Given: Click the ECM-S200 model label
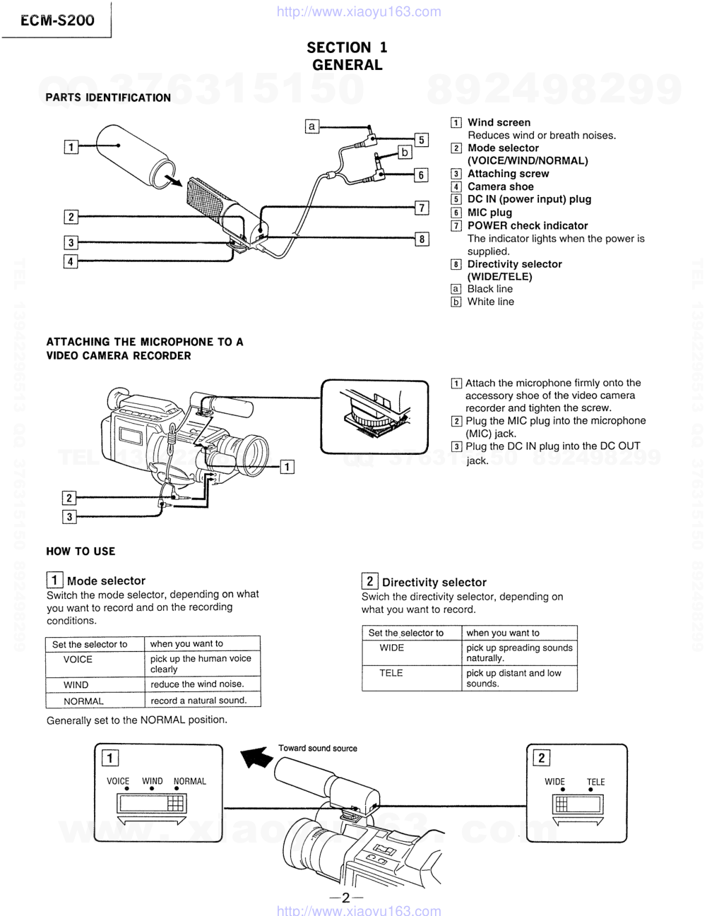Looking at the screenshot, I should coord(57,20).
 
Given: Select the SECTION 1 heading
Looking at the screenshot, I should coord(347,47).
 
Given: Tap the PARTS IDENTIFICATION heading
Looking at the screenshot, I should coord(108,97).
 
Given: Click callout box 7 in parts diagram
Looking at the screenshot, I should coord(422,208).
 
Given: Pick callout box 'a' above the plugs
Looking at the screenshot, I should coord(311,126).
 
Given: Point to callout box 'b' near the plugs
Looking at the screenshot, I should coord(405,152).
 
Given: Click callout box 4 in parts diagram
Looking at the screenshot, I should coord(71,261).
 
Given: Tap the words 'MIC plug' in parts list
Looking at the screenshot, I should coord(489,213).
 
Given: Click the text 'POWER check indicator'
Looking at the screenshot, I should coord(527,225).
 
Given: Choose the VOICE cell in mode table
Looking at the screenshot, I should coord(78,659).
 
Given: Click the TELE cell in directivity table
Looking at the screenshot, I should coord(391,673).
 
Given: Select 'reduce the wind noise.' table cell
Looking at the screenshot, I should coord(197,684).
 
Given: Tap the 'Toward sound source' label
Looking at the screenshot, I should coord(317,748).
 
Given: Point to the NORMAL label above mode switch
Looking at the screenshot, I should coord(189,781).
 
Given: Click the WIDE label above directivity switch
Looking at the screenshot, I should coord(554,782).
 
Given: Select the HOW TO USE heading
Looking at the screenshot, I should coord(81,551).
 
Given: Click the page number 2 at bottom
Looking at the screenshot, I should coord(345,898).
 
